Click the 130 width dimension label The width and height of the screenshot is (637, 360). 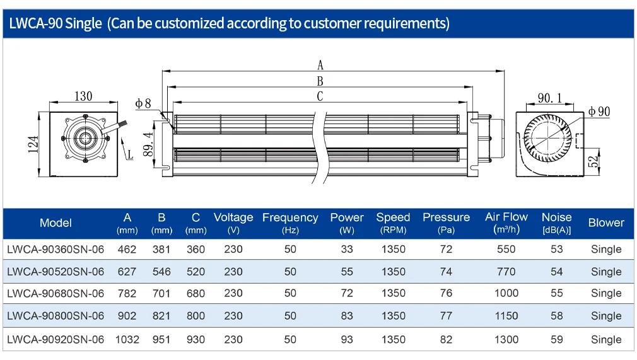point(83,96)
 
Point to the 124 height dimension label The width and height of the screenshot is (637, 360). point(33,144)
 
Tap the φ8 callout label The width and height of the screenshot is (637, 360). point(143,103)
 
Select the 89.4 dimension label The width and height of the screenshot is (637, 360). point(148,144)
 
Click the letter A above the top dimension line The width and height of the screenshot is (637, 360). point(320,65)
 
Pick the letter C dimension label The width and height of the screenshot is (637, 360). point(320,96)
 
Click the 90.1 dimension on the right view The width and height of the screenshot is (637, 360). point(550,98)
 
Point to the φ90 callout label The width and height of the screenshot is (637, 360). point(599,112)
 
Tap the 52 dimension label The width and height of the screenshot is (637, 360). point(594,161)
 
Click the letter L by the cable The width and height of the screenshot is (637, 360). point(130,155)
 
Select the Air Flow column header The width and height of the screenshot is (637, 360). point(506,223)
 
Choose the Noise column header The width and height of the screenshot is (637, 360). point(556,223)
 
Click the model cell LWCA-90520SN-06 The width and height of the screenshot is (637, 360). point(56,272)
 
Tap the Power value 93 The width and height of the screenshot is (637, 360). point(347,339)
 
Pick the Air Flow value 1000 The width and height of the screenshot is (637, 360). point(506,293)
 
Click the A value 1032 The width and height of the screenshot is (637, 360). point(127,339)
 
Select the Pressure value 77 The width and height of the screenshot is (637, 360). point(446,316)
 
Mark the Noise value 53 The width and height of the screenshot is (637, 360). point(556,249)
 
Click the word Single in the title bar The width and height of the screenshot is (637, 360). point(83,23)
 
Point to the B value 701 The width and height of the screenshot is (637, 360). point(161,293)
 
